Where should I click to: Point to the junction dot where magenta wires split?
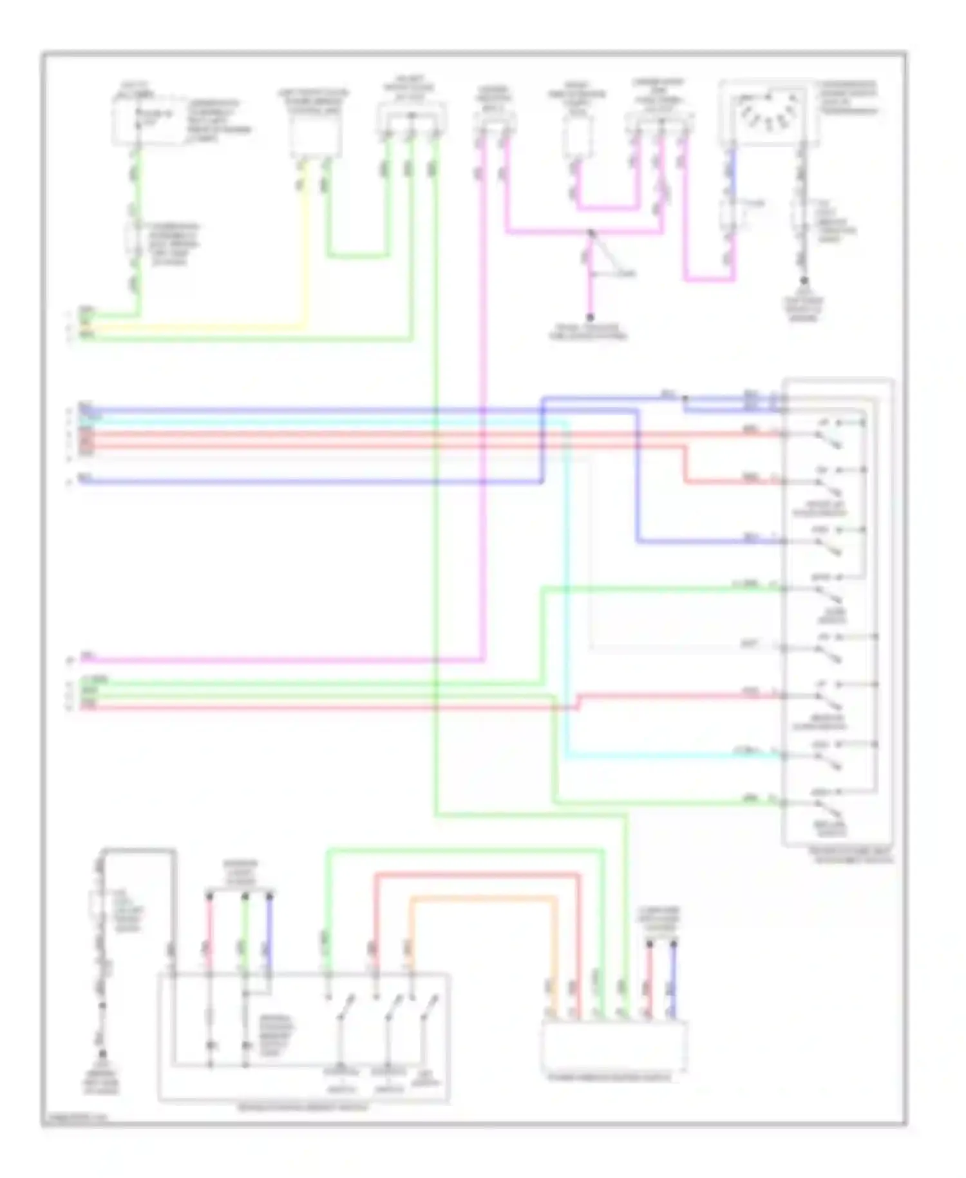591,232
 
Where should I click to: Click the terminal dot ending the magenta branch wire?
589,317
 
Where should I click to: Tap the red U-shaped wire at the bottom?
477,874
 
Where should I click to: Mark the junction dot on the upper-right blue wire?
685,398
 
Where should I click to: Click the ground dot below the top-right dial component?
803,281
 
